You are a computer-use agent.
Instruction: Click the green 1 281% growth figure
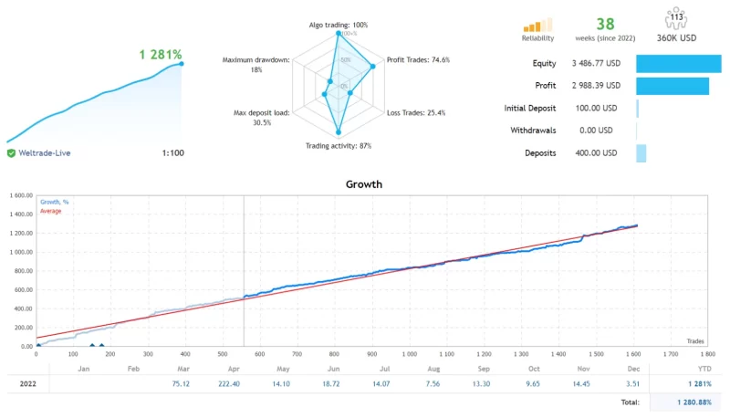click(x=161, y=55)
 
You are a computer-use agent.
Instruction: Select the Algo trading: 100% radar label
click(x=339, y=24)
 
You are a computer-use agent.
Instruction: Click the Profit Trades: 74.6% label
click(x=418, y=60)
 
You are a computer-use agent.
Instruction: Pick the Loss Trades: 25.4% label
click(x=416, y=113)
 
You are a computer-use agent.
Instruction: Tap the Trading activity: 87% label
click(x=339, y=146)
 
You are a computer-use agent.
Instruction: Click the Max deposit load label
click(x=262, y=118)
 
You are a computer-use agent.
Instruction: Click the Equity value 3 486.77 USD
click(x=596, y=63)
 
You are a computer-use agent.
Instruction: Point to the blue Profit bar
click(x=672, y=86)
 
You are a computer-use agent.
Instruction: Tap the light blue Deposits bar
click(x=641, y=153)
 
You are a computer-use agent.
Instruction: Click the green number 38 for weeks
click(x=605, y=25)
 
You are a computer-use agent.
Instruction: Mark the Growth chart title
click(x=364, y=184)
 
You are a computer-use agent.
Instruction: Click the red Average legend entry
click(x=50, y=211)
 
